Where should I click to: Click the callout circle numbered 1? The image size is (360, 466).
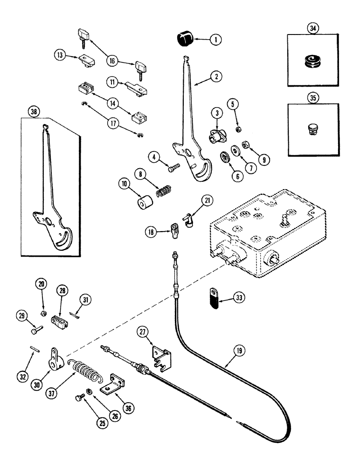[215, 41]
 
